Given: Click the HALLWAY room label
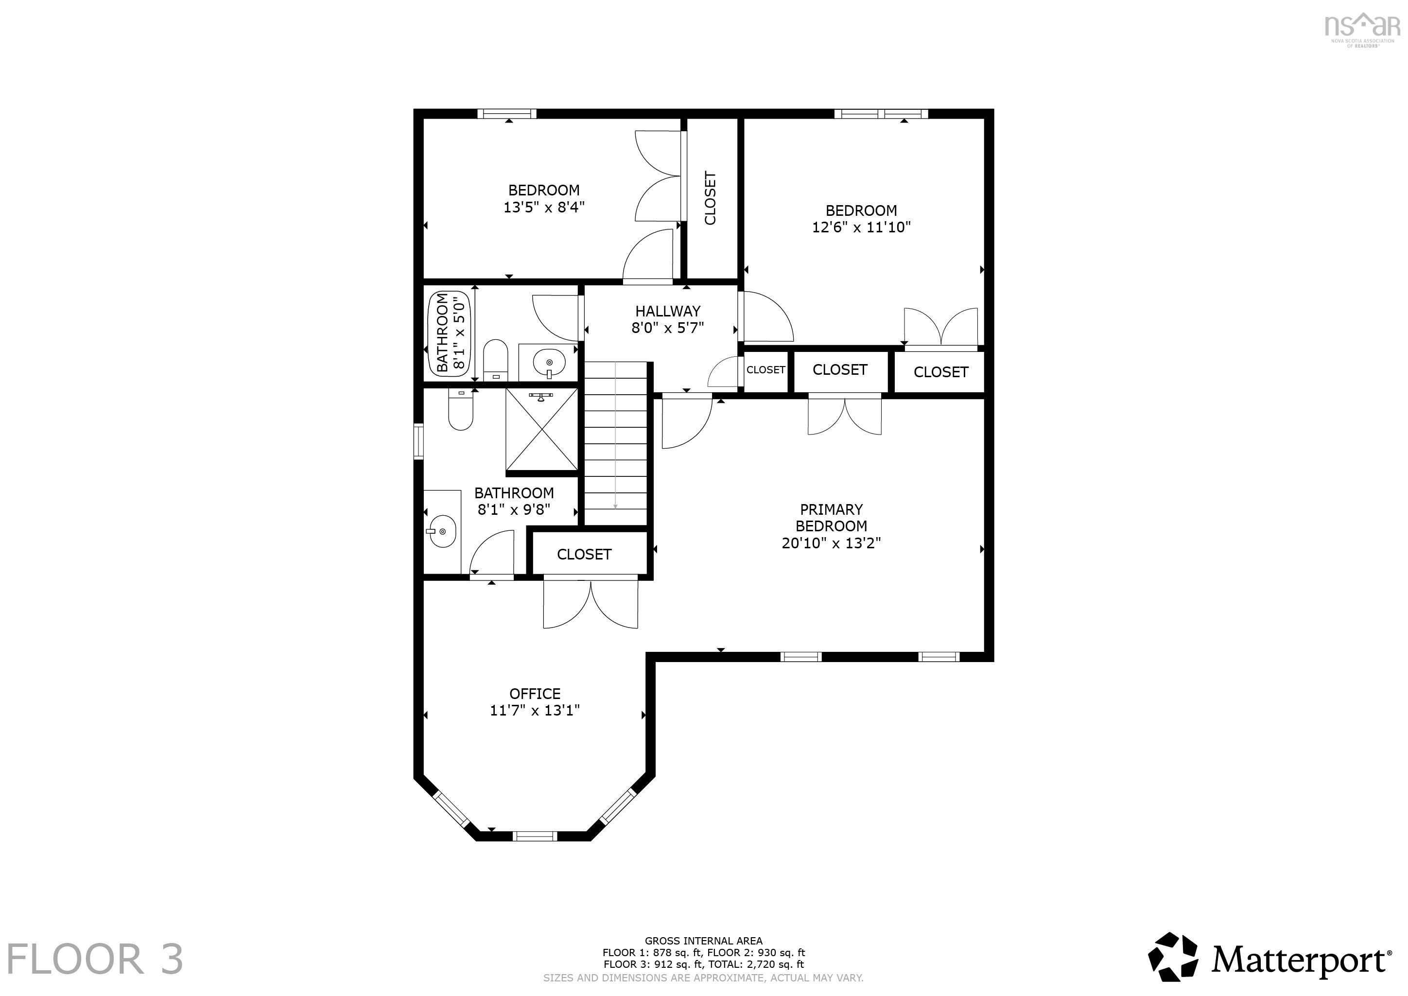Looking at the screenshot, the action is (x=667, y=311).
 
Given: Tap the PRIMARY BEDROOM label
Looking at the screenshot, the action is (x=831, y=518).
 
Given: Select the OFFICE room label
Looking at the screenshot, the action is (x=535, y=694).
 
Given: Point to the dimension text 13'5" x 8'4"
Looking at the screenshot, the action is (x=544, y=207).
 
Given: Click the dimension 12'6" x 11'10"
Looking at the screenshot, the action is (x=861, y=227).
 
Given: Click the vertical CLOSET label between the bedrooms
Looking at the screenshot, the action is (x=710, y=198).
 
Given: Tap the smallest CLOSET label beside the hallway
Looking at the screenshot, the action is (x=765, y=370).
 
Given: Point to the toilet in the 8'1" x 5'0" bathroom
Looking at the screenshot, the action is (x=496, y=361).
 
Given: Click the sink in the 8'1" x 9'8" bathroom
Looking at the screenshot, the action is (x=441, y=531).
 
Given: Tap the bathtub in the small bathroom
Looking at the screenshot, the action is (x=450, y=332).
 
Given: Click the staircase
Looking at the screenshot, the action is (x=615, y=443).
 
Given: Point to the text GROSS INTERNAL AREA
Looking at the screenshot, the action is (x=703, y=940).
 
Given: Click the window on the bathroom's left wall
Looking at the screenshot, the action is (x=418, y=441).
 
